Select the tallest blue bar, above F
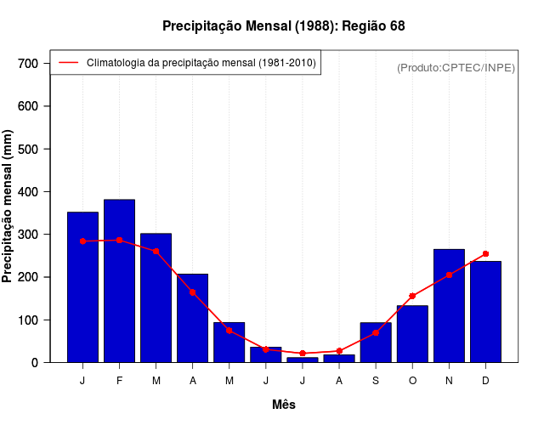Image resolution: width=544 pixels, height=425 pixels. point(119,280)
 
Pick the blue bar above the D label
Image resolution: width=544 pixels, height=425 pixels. point(485,311)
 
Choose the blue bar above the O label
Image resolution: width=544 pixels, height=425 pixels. point(412,336)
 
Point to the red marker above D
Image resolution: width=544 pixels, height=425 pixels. point(485,253)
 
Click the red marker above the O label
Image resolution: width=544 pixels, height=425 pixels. point(412,296)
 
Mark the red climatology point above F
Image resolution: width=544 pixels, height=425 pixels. point(119,241)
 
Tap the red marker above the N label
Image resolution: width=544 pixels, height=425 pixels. point(449,275)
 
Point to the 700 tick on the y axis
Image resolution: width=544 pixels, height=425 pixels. point(28,64)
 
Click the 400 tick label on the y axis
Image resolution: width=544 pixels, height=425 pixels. point(28,192)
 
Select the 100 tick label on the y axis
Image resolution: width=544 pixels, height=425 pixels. point(28,320)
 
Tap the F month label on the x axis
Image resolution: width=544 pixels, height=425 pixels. point(119,381)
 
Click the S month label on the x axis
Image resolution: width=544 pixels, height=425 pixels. point(376,381)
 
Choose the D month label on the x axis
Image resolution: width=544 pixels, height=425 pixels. point(485,381)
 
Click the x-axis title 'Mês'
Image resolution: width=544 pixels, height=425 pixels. point(284,405)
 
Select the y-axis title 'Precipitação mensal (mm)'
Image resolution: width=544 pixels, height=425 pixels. point(8,207)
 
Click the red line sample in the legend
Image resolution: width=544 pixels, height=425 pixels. point(68,63)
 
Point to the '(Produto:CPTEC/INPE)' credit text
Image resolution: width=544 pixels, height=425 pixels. point(456,67)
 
